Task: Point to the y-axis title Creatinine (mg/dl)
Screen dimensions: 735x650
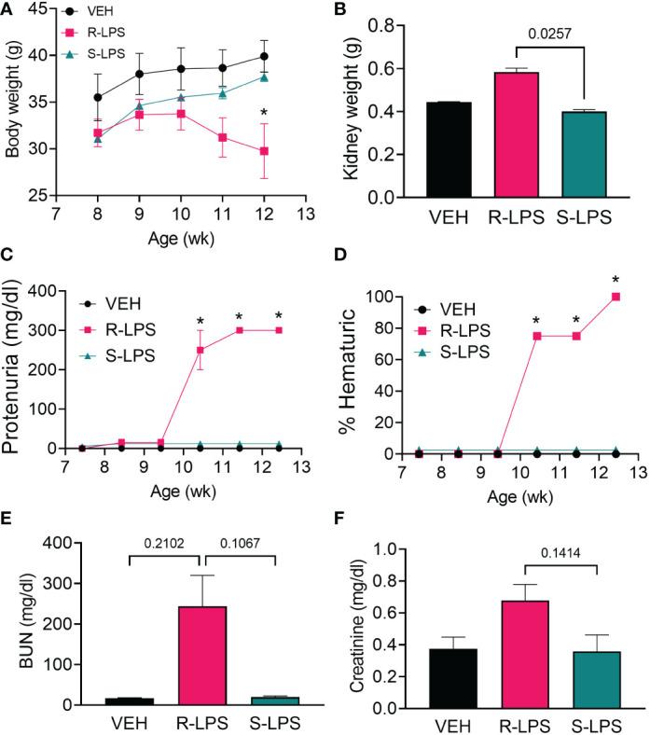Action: point(355,622)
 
